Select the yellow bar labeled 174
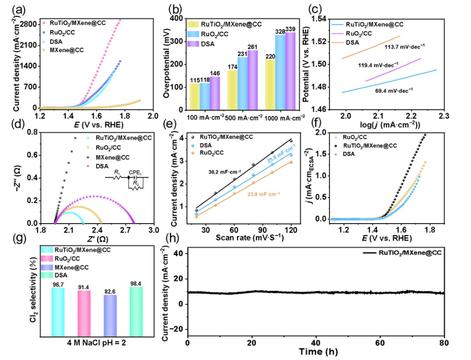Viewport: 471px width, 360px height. click(233, 90)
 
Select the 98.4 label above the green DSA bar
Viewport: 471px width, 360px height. click(135, 283)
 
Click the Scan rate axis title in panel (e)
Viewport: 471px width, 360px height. click(249, 237)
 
